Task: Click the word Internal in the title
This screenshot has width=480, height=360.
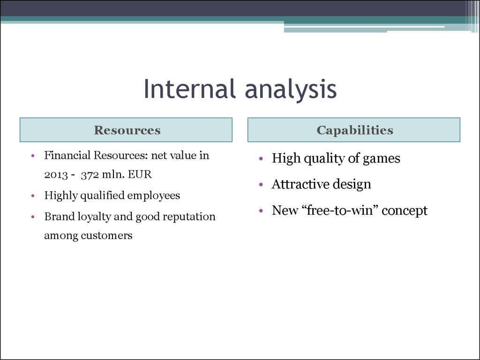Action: [x=189, y=89]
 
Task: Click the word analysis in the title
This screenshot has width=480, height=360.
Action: [x=291, y=90]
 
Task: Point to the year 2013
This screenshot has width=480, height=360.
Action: [x=56, y=174]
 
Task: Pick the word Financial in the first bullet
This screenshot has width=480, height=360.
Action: [x=67, y=155]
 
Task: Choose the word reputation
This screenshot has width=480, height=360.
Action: [x=189, y=217]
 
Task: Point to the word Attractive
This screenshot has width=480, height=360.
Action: [x=300, y=184]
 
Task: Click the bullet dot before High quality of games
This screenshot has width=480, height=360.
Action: [x=261, y=158]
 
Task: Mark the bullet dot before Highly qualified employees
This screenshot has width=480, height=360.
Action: [x=33, y=195]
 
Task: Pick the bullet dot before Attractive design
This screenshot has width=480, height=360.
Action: [x=261, y=185]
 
